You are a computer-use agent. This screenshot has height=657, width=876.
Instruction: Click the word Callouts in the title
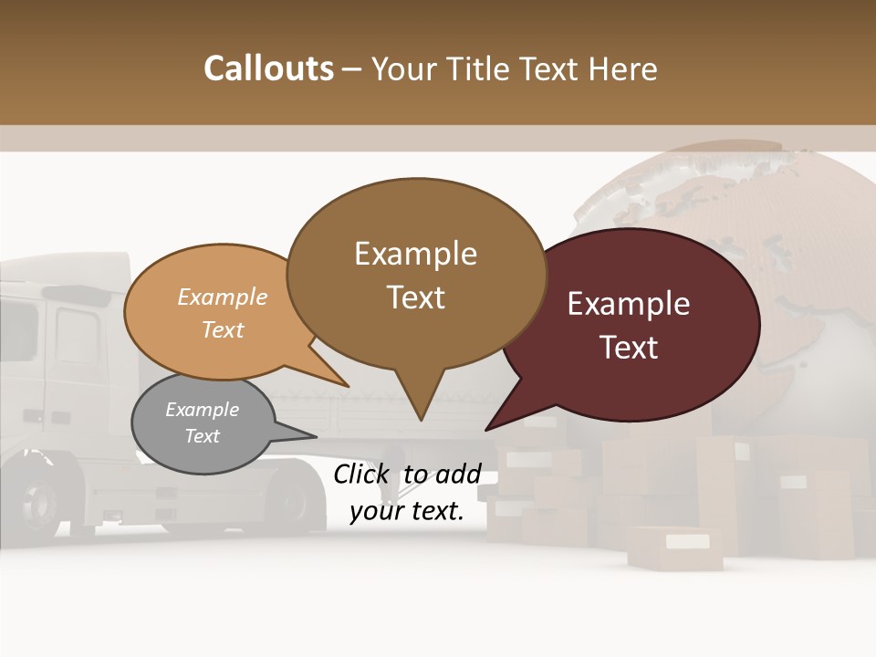click(x=268, y=68)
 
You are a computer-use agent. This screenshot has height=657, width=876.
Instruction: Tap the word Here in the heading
click(x=624, y=68)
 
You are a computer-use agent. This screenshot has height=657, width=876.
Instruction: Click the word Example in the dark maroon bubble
click(x=629, y=304)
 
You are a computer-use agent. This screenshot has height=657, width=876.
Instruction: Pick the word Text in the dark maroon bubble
click(x=629, y=348)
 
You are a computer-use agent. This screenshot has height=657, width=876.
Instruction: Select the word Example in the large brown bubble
click(x=415, y=254)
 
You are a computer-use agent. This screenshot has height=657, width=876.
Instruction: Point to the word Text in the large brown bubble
click(x=415, y=297)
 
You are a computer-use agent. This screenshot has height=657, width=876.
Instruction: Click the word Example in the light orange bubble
click(x=223, y=297)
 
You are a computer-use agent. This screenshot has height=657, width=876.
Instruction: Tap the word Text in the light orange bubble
click(x=223, y=329)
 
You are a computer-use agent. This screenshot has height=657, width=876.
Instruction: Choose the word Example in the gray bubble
click(x=202, y=410)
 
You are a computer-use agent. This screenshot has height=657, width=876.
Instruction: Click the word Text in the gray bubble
click(x=202, y=436)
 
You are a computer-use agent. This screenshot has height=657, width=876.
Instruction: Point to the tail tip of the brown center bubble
click(x=420, y=418)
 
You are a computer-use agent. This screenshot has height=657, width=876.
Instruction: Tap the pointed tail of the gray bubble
click(x=313, y=436)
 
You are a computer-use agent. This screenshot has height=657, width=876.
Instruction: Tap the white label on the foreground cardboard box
click(x=687, y=542)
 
